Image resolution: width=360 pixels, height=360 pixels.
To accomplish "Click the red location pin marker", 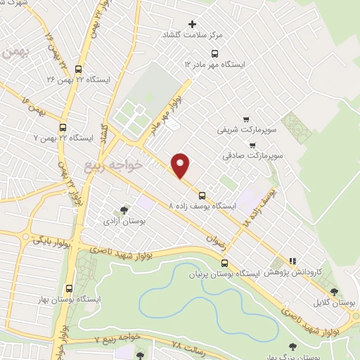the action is click(181, 165).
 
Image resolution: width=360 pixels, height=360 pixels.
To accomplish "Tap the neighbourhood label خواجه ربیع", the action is click(113, 166).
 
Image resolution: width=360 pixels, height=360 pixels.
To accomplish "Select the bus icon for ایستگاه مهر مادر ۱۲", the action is click(215, 53).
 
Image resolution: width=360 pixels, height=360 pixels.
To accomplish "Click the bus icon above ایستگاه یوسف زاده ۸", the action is click(202, 195).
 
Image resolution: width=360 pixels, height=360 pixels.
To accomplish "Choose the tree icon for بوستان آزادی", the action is click(124, 210).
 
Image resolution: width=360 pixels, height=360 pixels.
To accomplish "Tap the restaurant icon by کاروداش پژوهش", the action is click(292, 261).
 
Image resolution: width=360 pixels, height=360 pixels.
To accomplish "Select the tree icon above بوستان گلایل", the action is click(334, 292).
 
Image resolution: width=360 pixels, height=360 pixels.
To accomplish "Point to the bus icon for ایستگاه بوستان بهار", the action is click(68, 288).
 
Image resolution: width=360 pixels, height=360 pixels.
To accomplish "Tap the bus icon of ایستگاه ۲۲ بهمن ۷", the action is click(63, 127).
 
